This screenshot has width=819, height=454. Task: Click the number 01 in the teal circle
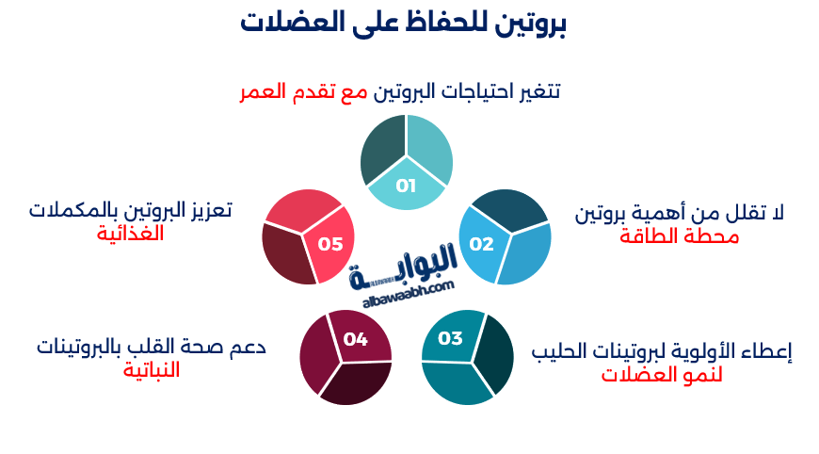tap(406, 186)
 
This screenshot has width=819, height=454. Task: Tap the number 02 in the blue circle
tap(481, 244)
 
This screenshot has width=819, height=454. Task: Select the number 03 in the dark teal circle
tap(451, 338)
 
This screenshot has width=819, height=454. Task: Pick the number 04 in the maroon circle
tap(355, 339)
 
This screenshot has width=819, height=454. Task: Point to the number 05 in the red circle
tap(329, 244)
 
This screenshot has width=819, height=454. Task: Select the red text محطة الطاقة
tap(679, 236)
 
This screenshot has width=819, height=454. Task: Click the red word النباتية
tap(151, 370)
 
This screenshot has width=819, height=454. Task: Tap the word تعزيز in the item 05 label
tap(206, 209)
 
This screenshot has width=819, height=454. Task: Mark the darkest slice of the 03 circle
tap(495, 355)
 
